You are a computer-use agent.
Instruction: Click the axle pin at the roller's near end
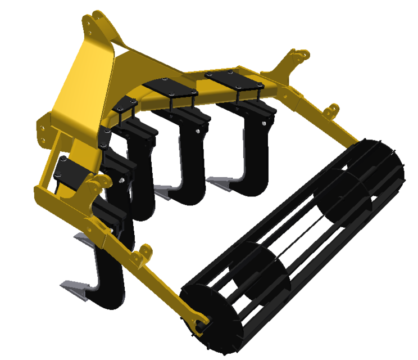[x=201, y=323]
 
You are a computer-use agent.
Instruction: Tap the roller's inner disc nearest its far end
[x=337, y=194]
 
